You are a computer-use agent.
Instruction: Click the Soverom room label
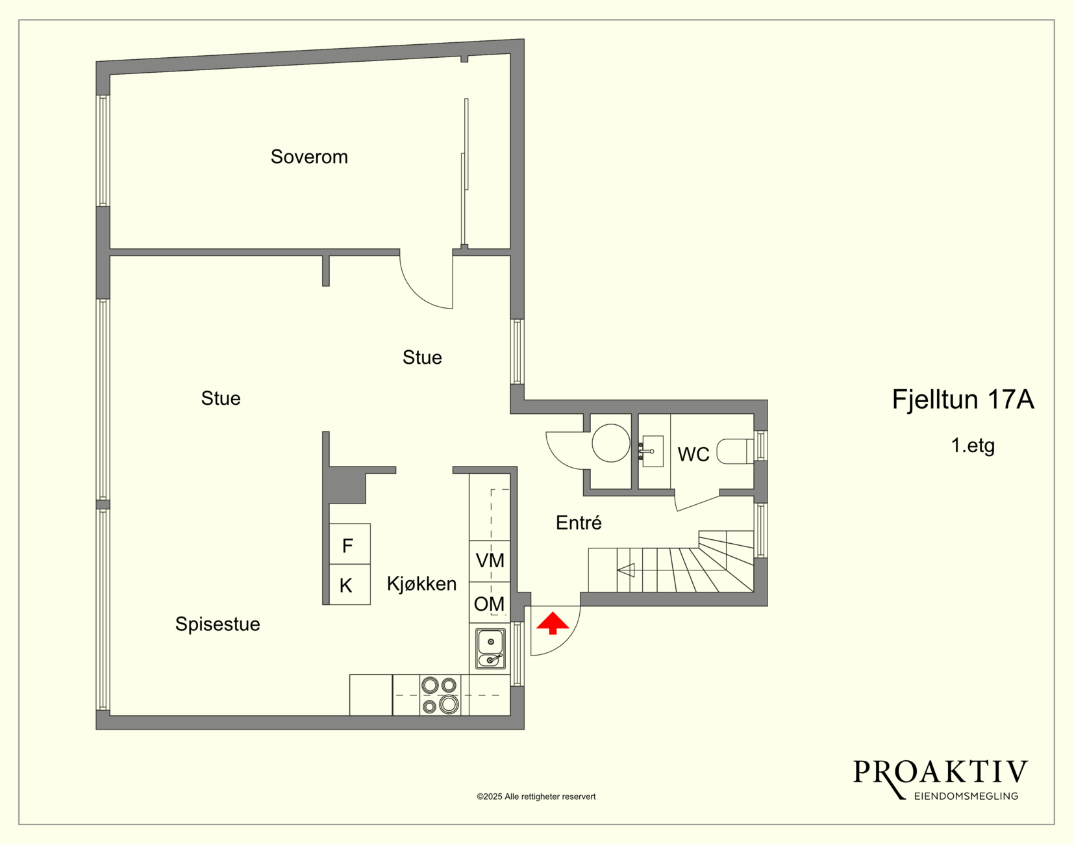309,157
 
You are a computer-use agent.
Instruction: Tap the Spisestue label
218,624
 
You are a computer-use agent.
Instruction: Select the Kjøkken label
421,584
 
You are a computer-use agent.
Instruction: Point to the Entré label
579,522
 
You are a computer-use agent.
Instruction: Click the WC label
693,454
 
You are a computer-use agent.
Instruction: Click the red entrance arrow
553,623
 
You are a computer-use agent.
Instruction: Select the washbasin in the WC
651,451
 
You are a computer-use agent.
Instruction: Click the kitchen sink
490,648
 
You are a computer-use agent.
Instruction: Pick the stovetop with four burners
440,695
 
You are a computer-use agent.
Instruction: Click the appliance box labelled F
349,544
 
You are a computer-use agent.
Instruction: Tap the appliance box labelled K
349,584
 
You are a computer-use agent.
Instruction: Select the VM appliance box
490,561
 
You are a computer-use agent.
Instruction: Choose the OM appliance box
490,602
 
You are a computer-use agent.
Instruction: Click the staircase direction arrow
626,570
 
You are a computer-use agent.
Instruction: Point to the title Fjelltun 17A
963,400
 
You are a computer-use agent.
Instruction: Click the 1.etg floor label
973,446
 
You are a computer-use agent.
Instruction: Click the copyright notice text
536,797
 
